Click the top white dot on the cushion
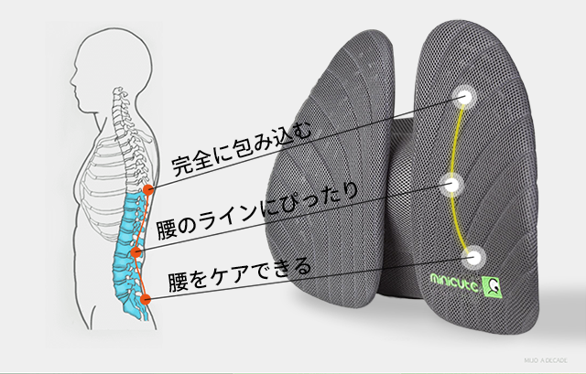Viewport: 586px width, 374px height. pyautogui.click(x=464, y=94)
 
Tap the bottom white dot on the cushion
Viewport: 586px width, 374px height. pyautogui.click(x=474, y=256)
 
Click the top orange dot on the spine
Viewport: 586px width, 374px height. pyautogui.click(x=147, y=190)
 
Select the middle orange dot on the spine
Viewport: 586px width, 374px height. pyautogui.click(x=136, y=248)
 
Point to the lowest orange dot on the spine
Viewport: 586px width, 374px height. pyautogui.click(x=146, y=298)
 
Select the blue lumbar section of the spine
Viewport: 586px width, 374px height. pyautogui.click(x=125, y=242)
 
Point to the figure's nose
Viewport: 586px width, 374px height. pyautogui.click(x=74, y=64)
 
